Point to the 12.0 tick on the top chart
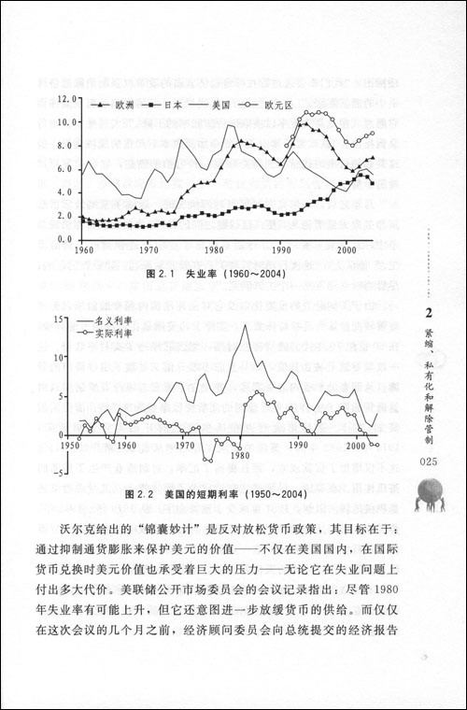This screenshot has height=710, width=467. pyautogui.click(x=66, y=98)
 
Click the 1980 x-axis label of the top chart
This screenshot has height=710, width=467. pyautogui.click(x=215, y=251)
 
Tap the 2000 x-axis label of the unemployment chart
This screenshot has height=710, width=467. pyautogui.click(x=346, y=251)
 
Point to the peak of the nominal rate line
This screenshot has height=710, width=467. pyautogui.click(x=245, y=326)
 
